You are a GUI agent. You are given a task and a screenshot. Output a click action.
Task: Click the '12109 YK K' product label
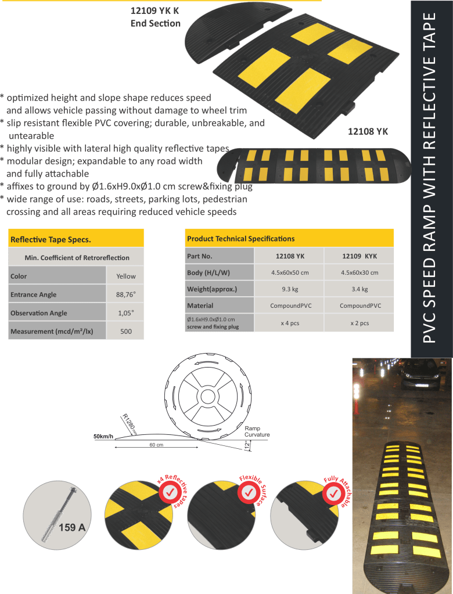pos(154,10)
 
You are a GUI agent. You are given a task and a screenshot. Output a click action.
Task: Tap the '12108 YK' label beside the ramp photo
pos(368,131)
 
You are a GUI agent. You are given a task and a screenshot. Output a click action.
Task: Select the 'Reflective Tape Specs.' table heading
pos(51,239)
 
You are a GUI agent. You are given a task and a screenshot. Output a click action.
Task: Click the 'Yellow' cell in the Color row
pos(126,276)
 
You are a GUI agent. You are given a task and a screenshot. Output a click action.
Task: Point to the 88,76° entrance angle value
pos(126,294)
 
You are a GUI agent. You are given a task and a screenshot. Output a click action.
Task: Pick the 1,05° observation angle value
pos(126,313)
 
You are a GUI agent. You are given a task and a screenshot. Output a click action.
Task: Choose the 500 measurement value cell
pos(126,332)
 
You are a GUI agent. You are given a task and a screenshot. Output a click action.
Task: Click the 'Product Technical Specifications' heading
pos(240,239)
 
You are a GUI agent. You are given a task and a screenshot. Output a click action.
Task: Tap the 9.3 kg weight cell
pos(290,289)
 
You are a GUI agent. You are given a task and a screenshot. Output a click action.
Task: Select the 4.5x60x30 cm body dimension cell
pos(359,272)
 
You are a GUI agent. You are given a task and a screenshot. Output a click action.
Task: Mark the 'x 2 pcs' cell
pos(359,323)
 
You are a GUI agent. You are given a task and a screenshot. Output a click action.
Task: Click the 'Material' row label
pos(200,305)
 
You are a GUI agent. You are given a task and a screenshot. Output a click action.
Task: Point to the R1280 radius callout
pos(129,424)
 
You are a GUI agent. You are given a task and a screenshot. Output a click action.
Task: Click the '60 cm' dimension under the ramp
pos(156,444)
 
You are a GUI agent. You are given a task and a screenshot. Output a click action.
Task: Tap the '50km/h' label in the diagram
pos(103,437)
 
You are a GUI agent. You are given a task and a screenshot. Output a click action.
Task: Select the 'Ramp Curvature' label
pos(257,431)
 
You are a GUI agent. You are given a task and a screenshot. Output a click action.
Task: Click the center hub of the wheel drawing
pos(207,397)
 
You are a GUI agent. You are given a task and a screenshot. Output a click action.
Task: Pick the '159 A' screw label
pos(72,527)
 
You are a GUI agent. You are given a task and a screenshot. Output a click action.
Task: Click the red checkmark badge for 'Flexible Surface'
pos(249,492)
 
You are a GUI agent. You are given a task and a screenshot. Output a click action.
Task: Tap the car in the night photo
pos(420,375)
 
